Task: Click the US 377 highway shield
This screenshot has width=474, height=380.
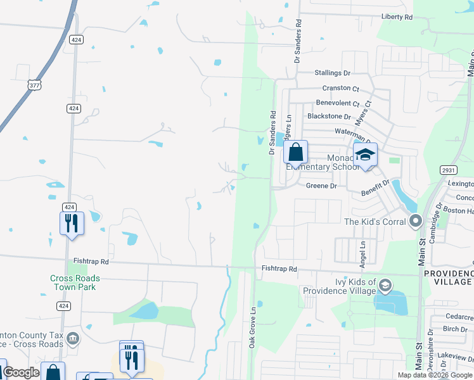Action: [x=34, y=84]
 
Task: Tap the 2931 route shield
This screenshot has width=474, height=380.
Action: [x=448, y=170]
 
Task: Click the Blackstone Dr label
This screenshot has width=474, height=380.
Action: [x=328, y=117]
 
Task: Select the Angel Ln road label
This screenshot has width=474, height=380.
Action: [x=362, y=251]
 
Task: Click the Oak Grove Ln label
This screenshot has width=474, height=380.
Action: [x=252, y=327]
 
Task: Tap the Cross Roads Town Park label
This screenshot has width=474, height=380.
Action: [x=75, y=282]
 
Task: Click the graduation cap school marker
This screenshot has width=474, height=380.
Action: [x=365, y=154]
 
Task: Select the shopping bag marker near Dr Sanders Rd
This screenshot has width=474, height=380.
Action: [x=295, y=152]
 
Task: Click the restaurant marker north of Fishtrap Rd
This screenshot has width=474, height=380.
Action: [x=72, y=223]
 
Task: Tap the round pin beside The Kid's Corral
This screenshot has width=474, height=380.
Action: [x=416, y=221]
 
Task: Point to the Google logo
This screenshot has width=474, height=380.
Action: [x=21, y=372]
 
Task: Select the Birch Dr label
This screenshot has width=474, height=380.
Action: [x=455, y=329]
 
